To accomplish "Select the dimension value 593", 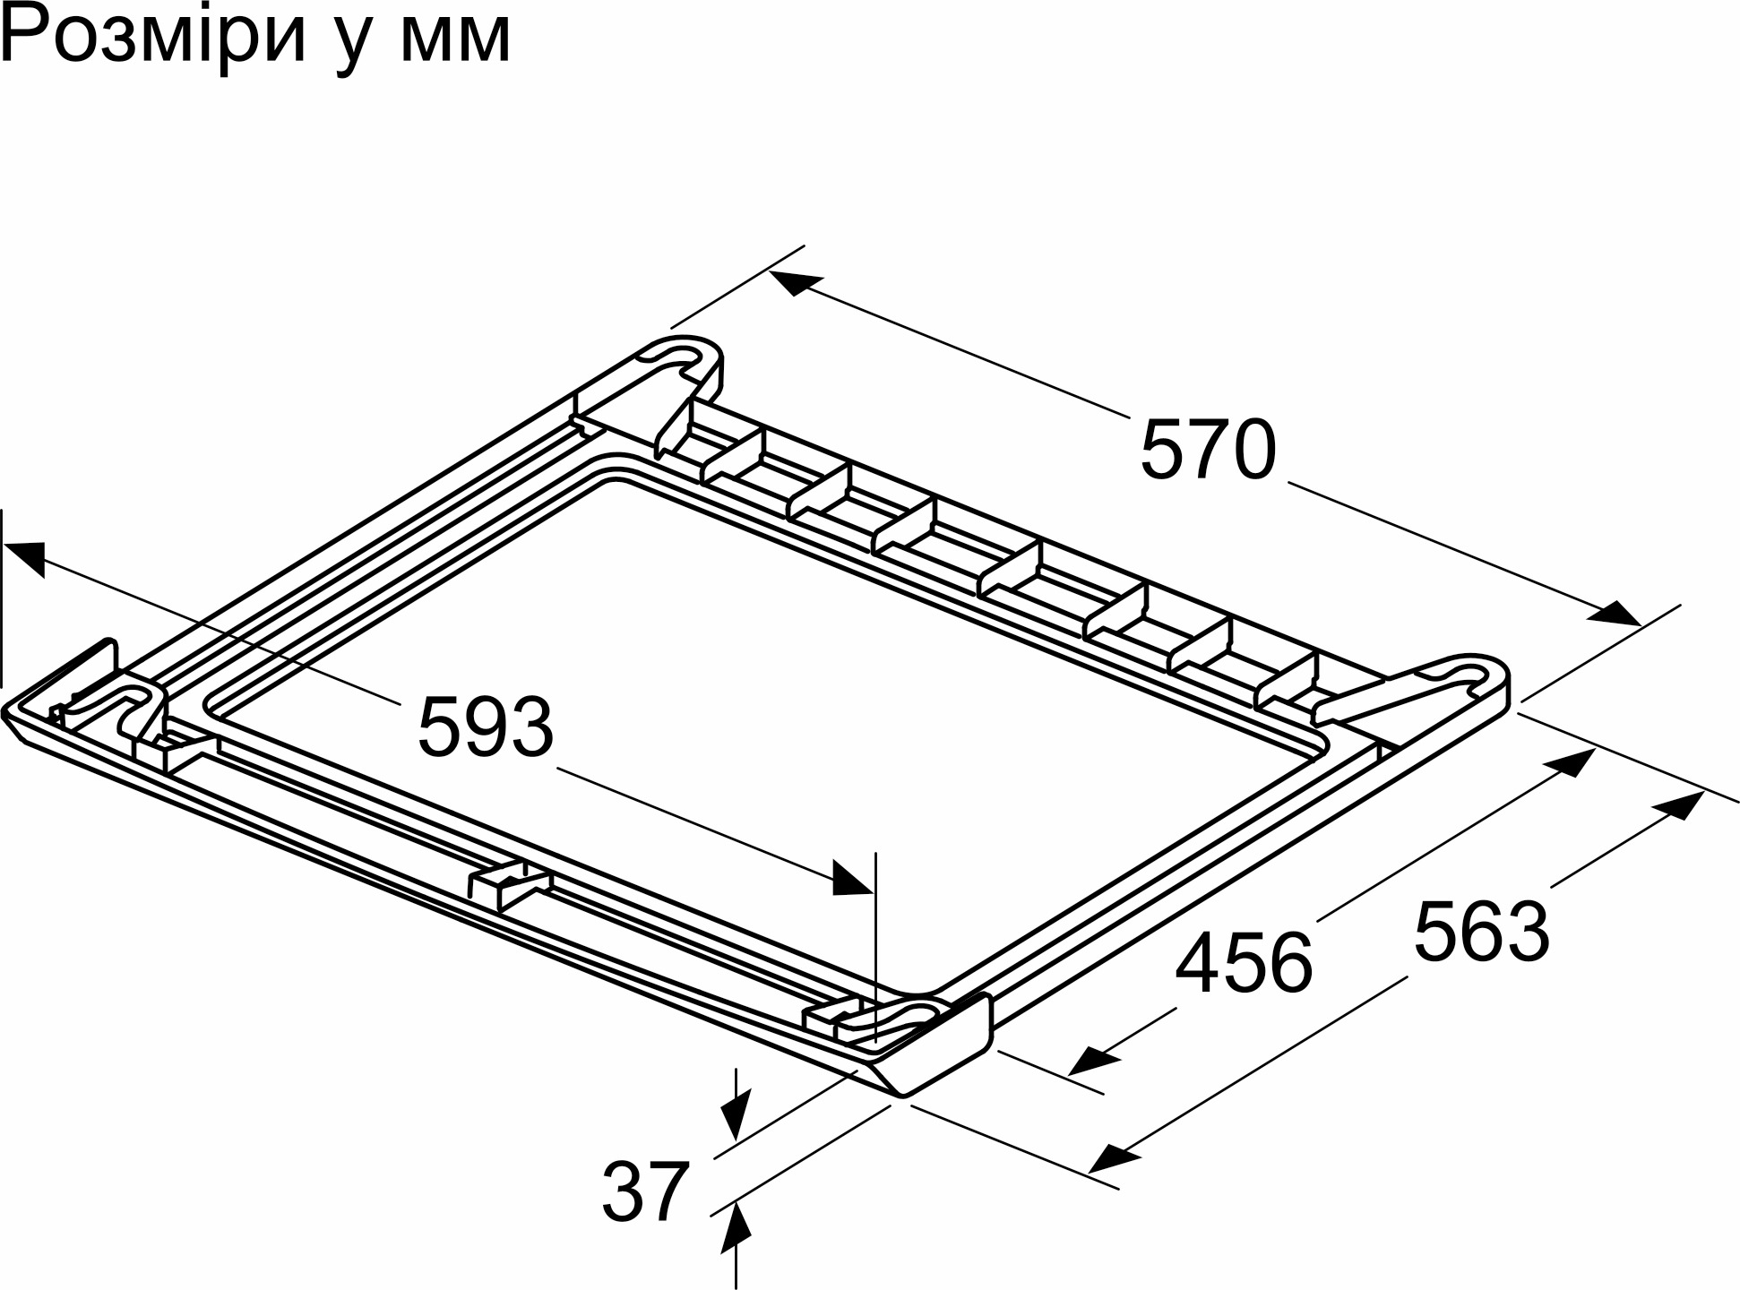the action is click(486, 727).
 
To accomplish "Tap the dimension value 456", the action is click(1244, 963).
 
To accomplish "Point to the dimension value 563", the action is click(1482, 932).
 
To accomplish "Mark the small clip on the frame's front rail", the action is click(507, 885).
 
